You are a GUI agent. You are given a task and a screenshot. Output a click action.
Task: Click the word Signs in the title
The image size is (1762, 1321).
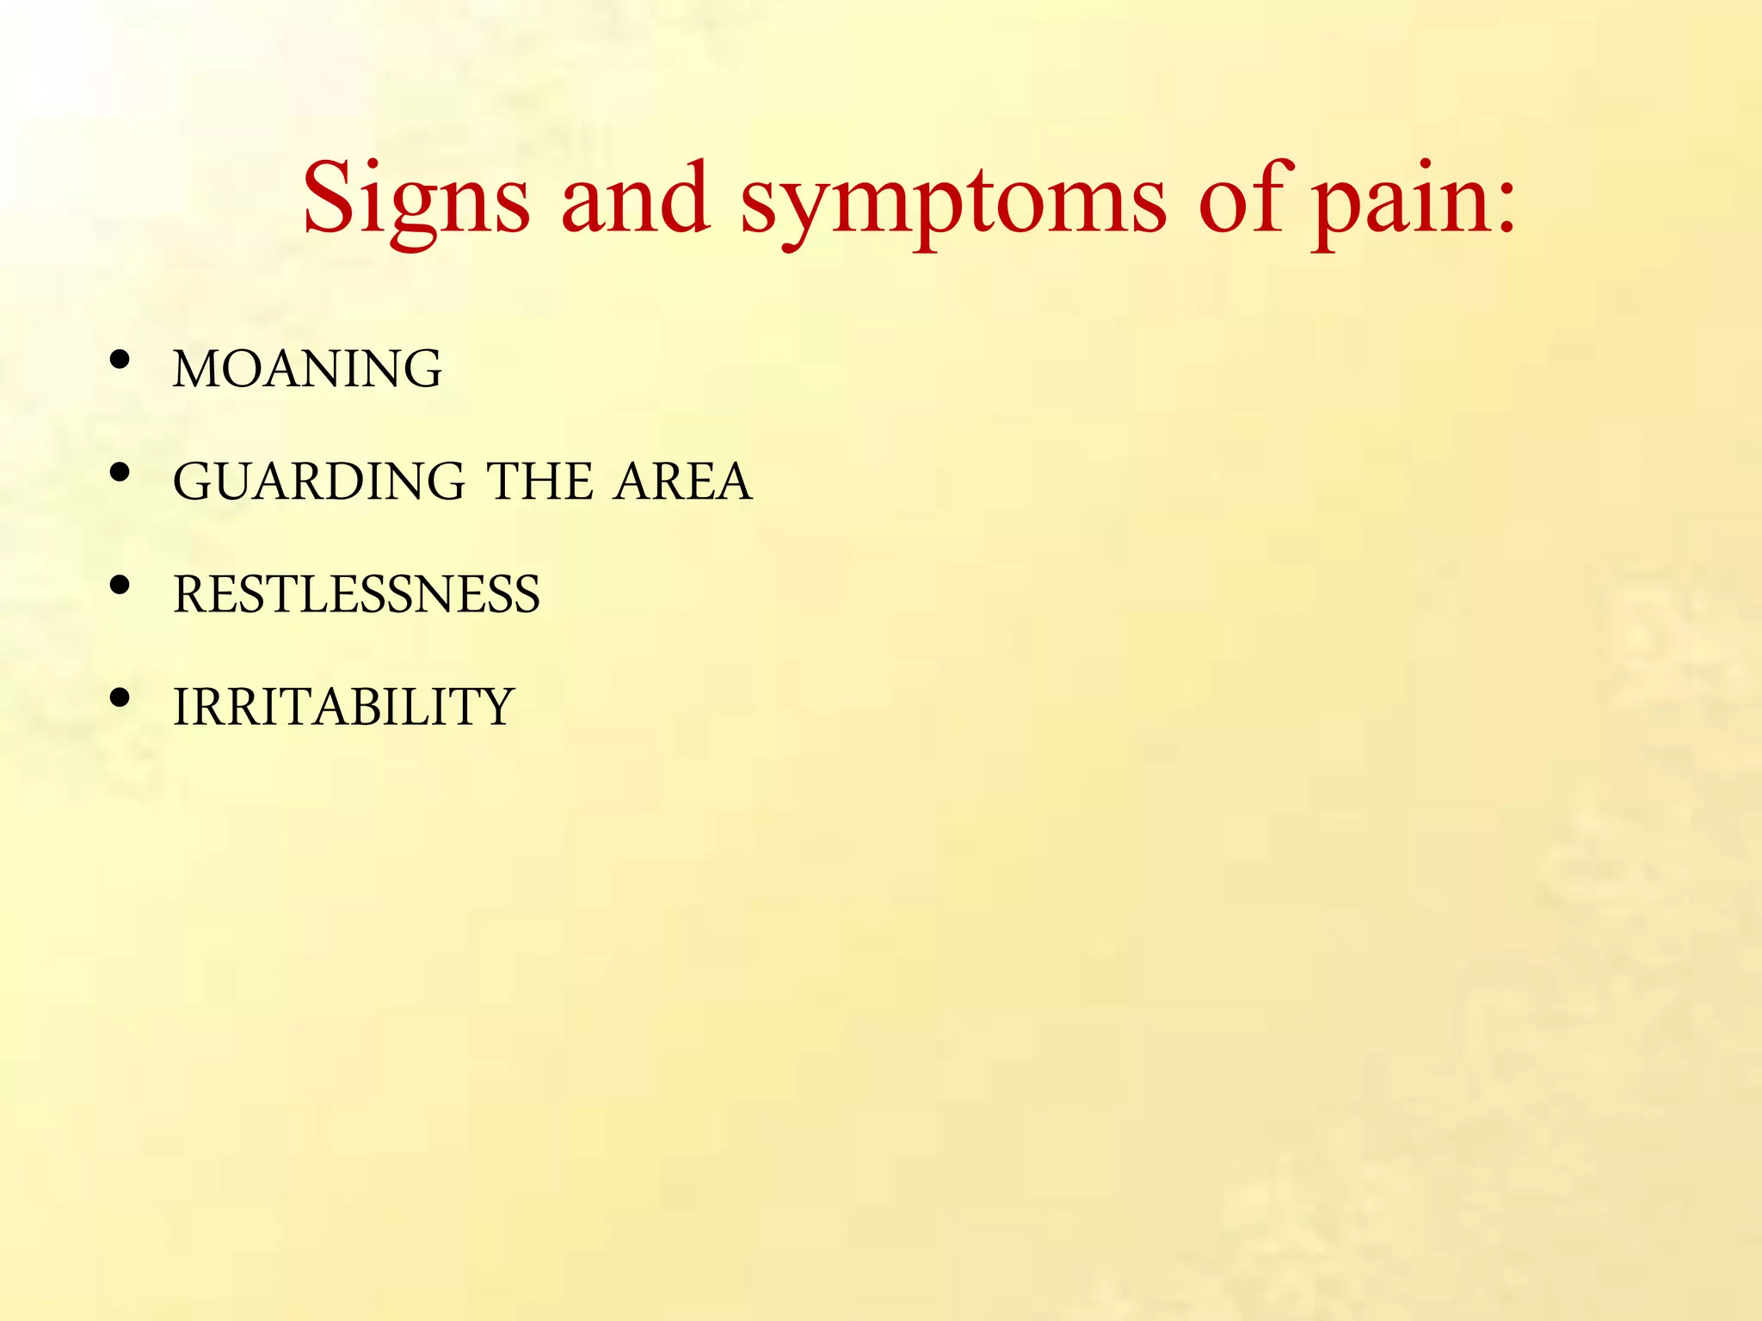click(x=416, y=200)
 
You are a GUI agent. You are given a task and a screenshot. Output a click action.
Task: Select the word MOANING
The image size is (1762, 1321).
click(x=307, y=369)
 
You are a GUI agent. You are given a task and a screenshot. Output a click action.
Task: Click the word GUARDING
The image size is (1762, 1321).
click(x=319, y=482)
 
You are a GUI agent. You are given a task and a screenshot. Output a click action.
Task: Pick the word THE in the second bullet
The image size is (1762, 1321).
click(x=540, y=482)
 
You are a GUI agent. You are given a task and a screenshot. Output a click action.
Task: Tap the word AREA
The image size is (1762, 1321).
click(x=683, y=482)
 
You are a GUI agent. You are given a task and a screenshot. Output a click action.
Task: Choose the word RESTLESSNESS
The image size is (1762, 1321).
click(x=356, y=594)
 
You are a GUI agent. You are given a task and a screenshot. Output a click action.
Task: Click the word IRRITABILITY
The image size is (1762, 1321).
click(x=343, y=707)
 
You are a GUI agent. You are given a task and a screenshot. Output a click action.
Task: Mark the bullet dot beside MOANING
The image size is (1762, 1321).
click(x=120, y=359)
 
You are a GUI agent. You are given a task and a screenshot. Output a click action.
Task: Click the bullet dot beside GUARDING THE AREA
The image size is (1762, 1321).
click(x=120, y=472)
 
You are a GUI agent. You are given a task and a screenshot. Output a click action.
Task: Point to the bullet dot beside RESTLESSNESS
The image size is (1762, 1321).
click(x=120, y=585)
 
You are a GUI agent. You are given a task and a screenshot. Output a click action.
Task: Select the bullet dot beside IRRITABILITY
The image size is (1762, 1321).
click(x=120, y=697)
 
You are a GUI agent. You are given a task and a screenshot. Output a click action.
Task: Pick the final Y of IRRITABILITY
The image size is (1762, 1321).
click(x=496, y=707)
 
